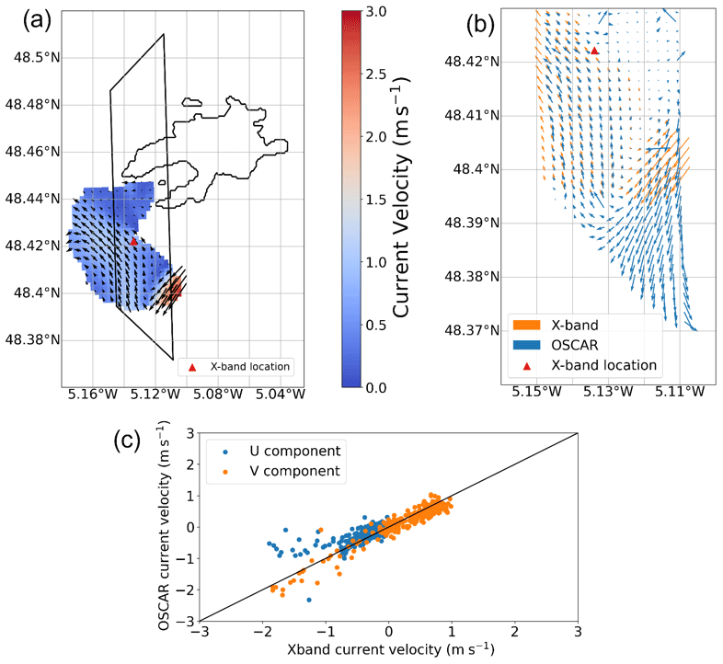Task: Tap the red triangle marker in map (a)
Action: tap(133, 242)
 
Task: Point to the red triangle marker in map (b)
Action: tap(595, 51)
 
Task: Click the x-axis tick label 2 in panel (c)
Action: tap(514, 634)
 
